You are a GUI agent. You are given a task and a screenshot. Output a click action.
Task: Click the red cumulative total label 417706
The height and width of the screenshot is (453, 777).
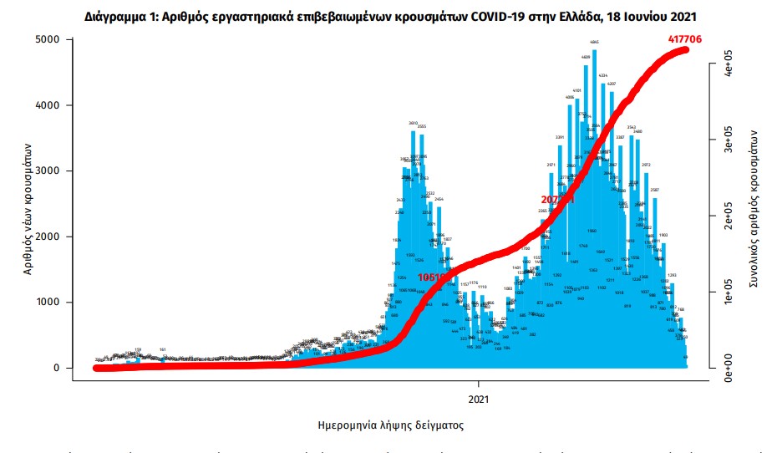pos(687,38)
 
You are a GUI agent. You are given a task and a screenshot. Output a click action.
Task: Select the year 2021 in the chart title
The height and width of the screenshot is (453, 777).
pos(679,16)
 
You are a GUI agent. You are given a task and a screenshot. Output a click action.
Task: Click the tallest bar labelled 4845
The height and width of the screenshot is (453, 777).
pos(594,209)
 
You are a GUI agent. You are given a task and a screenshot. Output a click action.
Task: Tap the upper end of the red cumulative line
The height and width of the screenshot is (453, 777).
pos(686,50)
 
